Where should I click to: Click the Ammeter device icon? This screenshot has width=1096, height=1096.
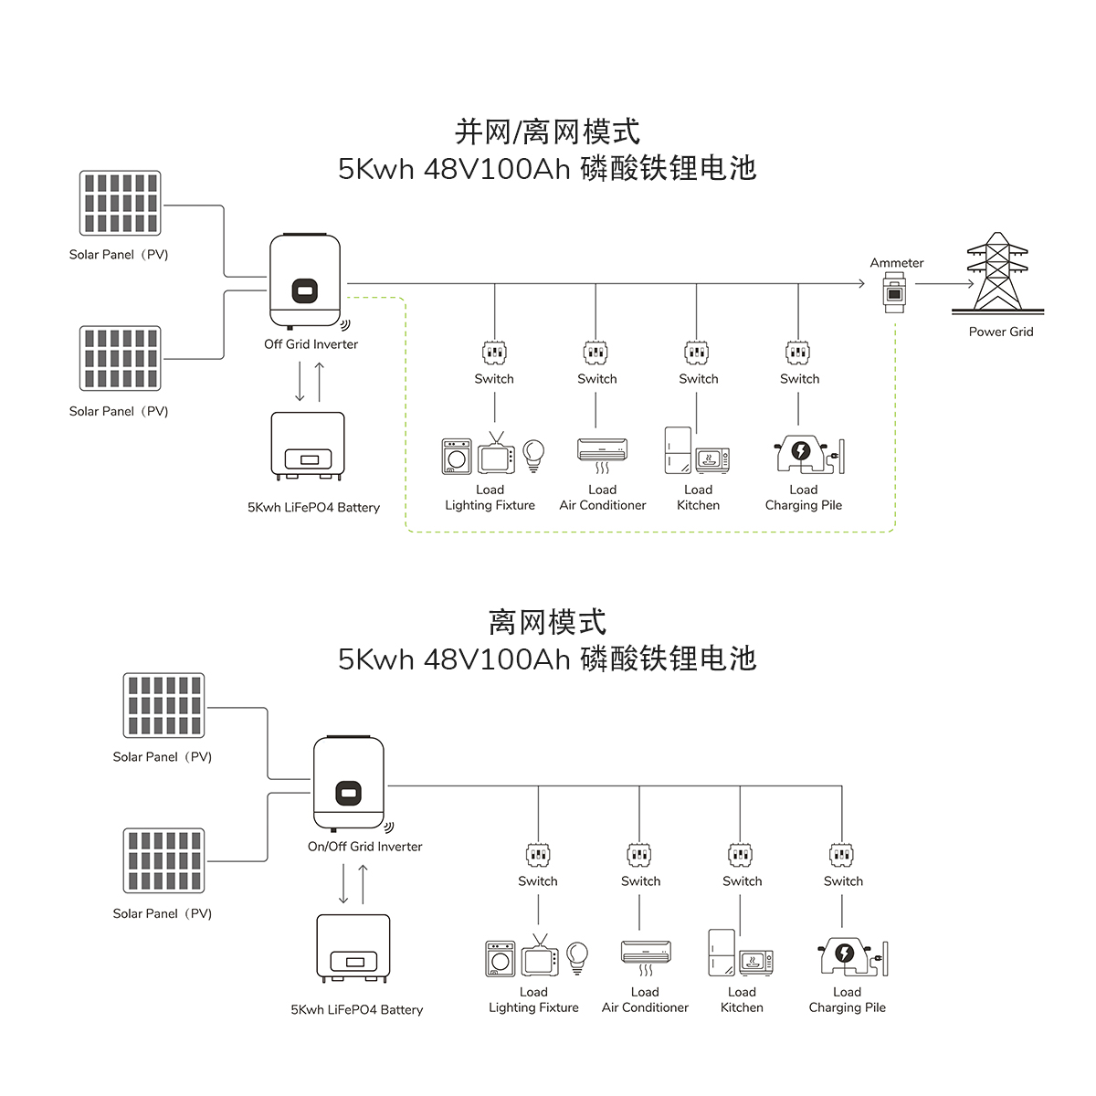pyautogui.click(x=894, y=293)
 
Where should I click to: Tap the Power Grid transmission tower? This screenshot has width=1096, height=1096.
pyautogui.click(x=997, y=272)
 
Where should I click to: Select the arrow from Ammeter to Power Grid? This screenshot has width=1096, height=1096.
pyautogui.click(x=944, y=284)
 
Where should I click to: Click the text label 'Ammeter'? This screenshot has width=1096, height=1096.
pyautogui.click(x=896, y=263)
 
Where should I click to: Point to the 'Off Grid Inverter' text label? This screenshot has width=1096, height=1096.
pyautogui.click(x=311, y=344)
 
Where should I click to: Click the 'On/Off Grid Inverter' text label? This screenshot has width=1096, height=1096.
pyautogui.click(x=364, y=847)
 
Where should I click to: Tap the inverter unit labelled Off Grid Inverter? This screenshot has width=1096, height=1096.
pyautogui.click(x=305, y=281)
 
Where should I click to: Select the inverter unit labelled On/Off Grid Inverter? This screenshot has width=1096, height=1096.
pyautogui.click(x=349, y=784)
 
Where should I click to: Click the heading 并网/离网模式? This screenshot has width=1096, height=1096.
pyautogui.click(x=547, y=132)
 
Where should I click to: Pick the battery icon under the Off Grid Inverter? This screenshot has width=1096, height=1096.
pyautogui.click(x=308, y=446)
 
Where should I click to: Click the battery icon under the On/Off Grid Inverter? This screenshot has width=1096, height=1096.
pyautogui.click(x=353, y=948)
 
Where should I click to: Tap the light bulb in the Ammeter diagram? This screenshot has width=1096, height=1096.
pyautogui.click(x=532, y=453)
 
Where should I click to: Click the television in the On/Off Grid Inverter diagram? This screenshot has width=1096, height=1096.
pyautogui.click(x=540, y=957)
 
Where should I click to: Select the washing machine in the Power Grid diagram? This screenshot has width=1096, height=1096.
pyautogui.click(x=457, y=456)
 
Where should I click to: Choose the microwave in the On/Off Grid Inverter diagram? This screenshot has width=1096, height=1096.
pyautogui.click(x=756, y=962)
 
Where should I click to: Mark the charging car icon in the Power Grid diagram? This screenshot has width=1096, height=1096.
pyautogui.click(x=802, y=453)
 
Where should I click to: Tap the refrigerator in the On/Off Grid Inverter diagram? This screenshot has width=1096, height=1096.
pyautogui.click(x=722, y=953)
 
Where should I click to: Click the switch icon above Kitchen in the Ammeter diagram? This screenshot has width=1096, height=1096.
pyautogui.click(x=697, y=353)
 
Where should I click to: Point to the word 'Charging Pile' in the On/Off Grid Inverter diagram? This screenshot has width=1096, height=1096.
pyautogui.click(x=847, y=1007)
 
